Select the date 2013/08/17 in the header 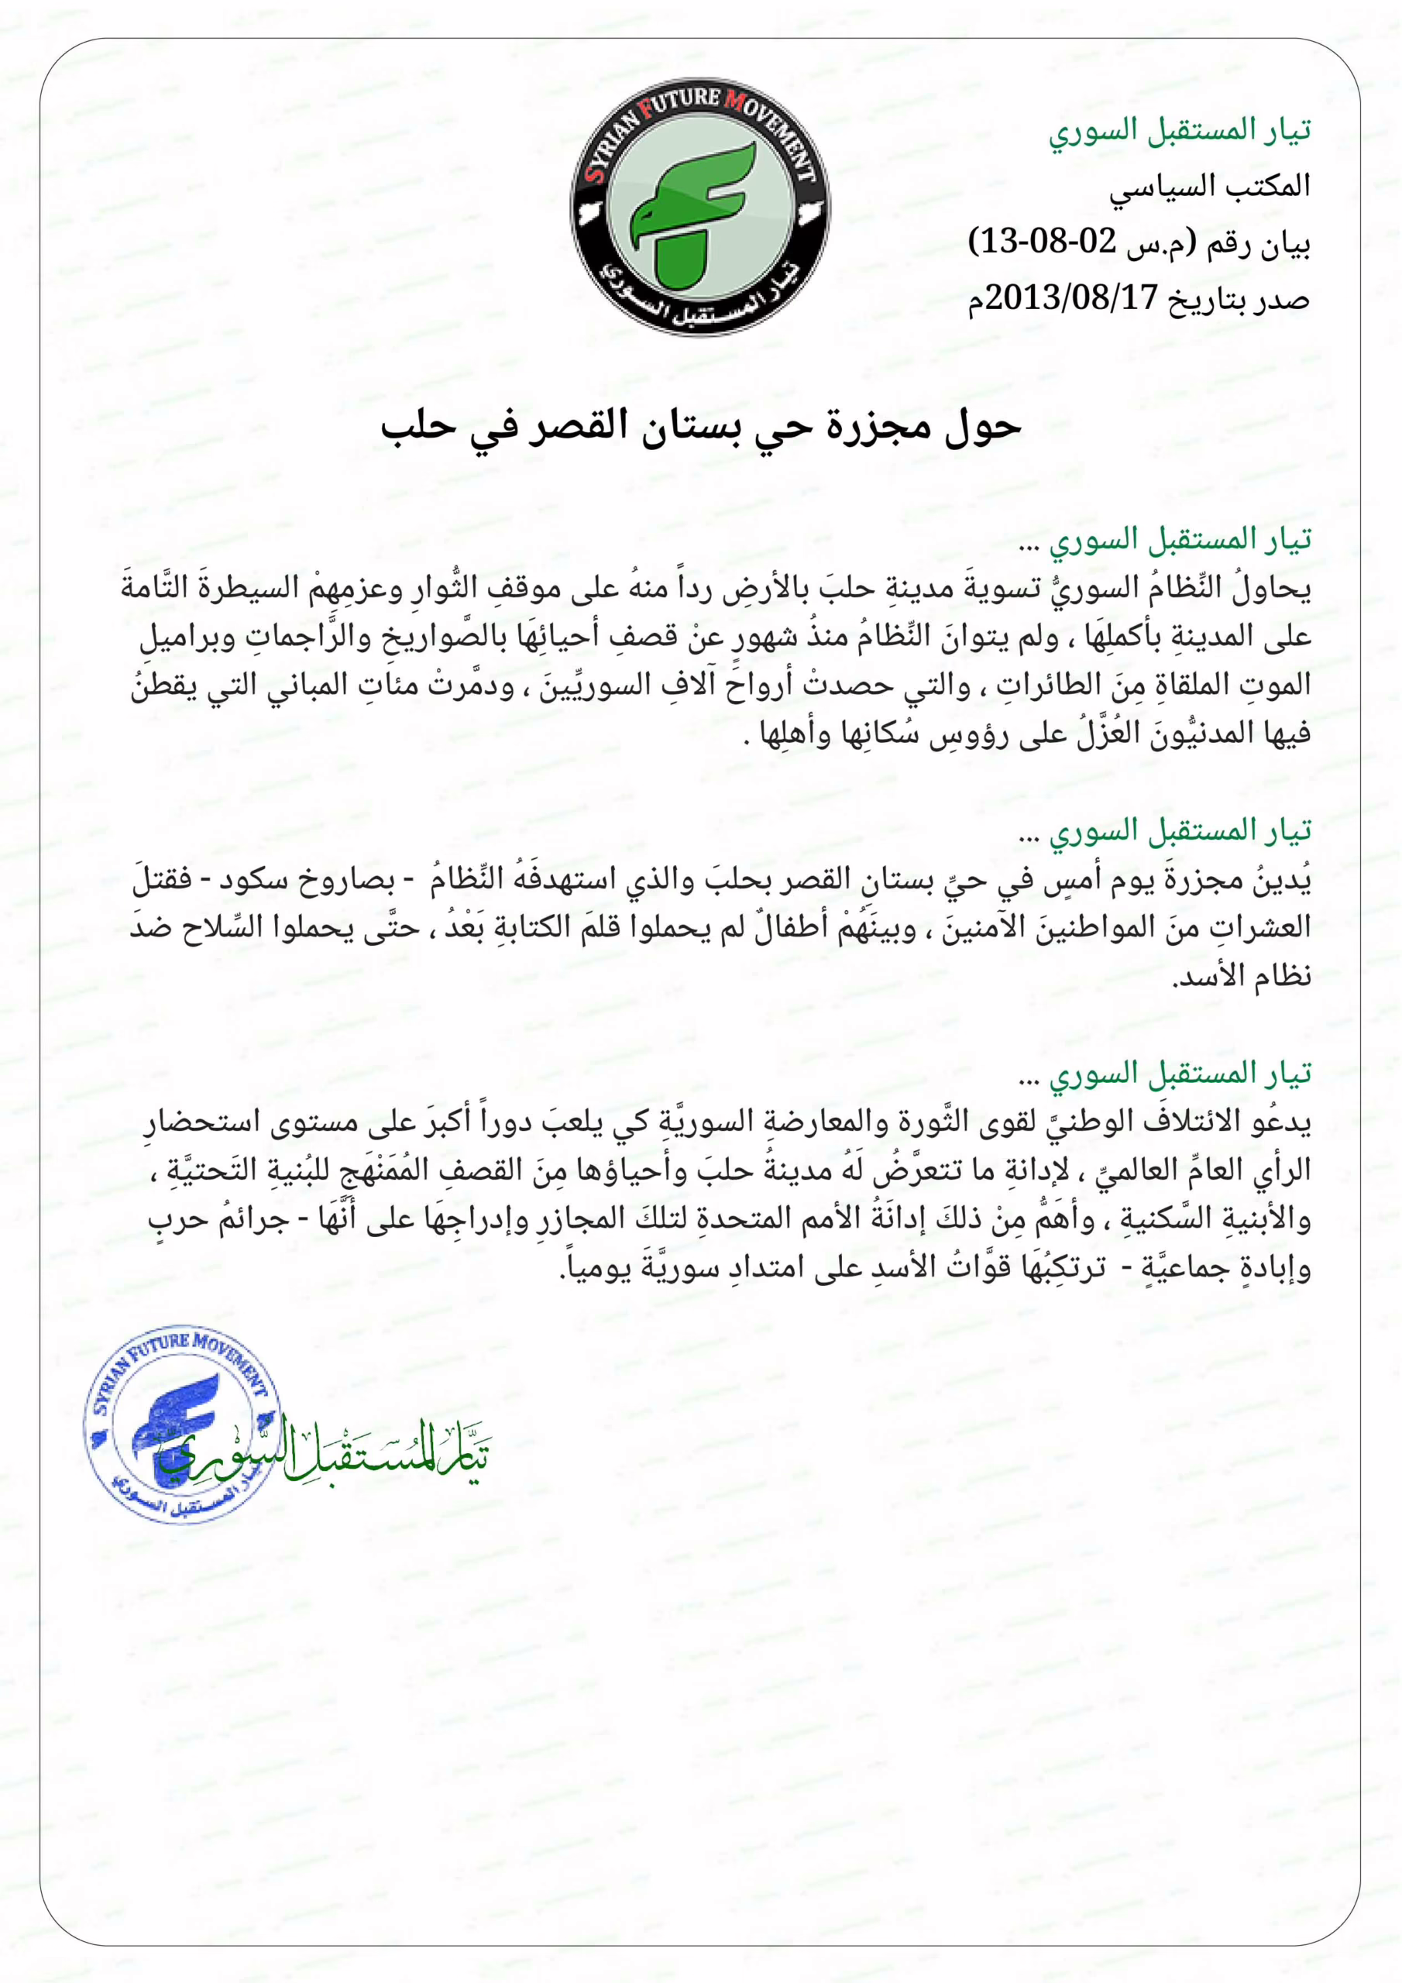[1071, 299]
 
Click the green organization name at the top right [1180, 130]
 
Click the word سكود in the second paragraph [250, 882]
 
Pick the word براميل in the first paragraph [177, 638]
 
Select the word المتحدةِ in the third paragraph [734, 1219]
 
